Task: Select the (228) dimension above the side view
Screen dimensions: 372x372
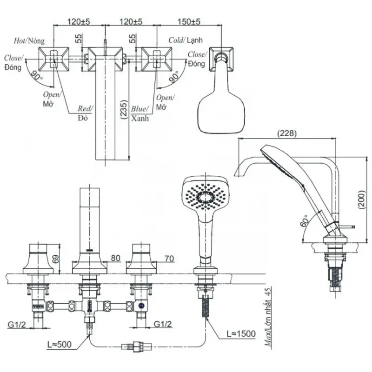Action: coord(287,133)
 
